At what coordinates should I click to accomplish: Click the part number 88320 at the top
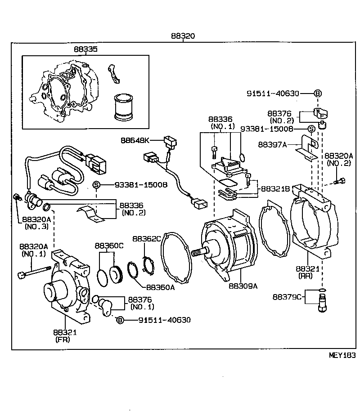[183, 36]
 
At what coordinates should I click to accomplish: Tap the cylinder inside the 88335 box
[123, 107]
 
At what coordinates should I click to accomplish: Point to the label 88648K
[134, 140]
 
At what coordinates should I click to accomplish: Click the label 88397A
[272, 144]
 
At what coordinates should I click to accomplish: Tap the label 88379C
[288, 297]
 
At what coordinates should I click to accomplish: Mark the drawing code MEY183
[342, 355]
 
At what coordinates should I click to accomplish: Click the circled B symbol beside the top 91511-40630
[317, 93]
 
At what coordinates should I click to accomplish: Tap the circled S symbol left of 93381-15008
[96, 185]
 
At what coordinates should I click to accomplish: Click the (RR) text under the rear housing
[307, 276]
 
